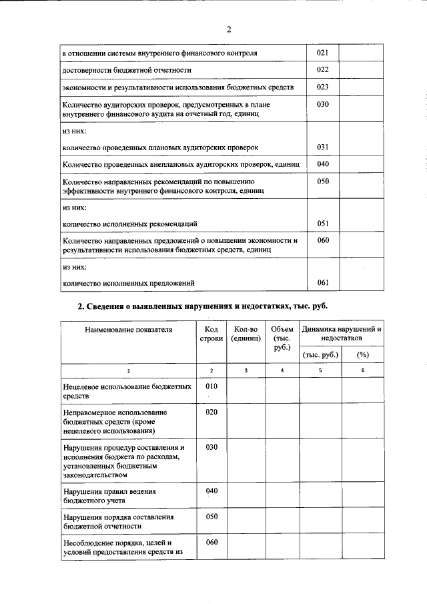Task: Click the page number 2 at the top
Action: pos(228,29)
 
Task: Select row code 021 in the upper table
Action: pos(322,53)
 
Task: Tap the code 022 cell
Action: pos(322,70)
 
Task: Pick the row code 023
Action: pos(322,87)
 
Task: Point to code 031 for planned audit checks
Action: pos(322,147)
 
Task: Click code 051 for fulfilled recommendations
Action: pos(322,224)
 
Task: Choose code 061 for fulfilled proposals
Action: pos(322,283)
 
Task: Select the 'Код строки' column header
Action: pos(211,334)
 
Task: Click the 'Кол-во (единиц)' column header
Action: pos(245,334)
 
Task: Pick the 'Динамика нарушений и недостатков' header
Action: pos(342,334)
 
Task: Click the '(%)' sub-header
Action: pos(363,354)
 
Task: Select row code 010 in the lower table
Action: pos(211,386)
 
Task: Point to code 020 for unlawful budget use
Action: pos(211,412)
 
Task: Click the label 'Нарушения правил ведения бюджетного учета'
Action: pos(109,495)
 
